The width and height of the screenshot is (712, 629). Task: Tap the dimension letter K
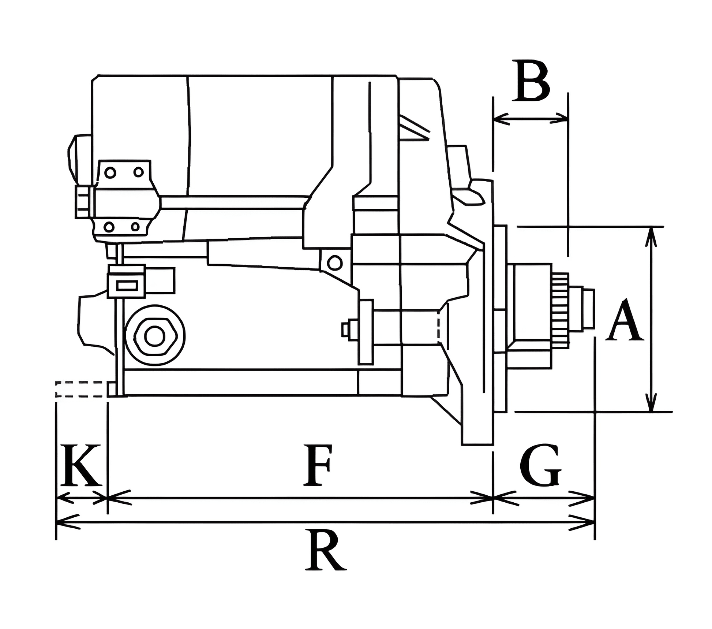(80, 465)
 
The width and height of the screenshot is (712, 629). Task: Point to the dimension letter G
(541, 466)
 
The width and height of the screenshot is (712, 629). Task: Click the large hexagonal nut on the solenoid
(155, 336)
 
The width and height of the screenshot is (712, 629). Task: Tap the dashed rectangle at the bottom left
(81, 389)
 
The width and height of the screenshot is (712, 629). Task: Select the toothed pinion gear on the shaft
(560, 310)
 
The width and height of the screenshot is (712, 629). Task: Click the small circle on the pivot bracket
(334, 263)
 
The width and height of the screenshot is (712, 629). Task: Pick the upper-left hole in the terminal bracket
(110, 172)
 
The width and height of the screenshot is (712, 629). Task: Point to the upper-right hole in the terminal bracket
(138, 172)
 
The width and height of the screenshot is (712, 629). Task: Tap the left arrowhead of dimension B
(500, 119)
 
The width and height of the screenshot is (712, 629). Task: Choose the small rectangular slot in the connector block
(127, 286)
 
